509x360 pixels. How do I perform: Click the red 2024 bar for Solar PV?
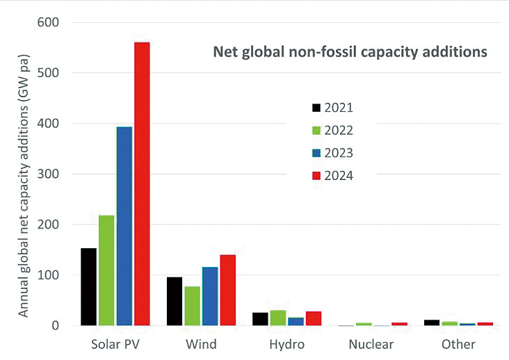pos(142,183)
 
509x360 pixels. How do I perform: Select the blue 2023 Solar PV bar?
pos(124,226)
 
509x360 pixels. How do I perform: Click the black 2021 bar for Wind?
pos(175,301)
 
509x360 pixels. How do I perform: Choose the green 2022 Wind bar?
pos(192,306)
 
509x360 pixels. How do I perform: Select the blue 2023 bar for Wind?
pos(210,296)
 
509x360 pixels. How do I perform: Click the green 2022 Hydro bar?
pos(278,318)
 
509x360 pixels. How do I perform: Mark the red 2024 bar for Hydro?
pos(314,318)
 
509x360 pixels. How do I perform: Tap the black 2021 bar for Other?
pos(432,322)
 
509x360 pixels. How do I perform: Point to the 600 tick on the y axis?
pos(49,22)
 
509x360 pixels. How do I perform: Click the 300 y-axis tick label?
pos(49,174)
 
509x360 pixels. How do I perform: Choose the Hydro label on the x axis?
pos(287,344)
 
